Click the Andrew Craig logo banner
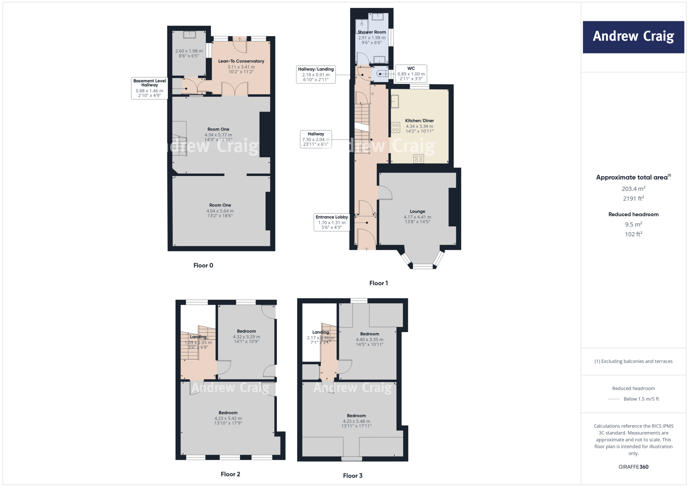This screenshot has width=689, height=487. pos(633,37)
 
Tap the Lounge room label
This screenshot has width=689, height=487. pos(417,212)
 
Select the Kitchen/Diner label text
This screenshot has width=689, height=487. pos(419,121)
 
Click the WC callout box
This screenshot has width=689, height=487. pos(411,74)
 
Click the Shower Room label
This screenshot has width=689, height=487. pos(371,32)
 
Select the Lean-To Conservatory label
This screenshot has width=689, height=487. pos(241,61)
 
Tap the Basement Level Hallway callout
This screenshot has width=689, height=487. pos(149,88)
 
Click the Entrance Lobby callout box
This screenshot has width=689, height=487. pos(331,222)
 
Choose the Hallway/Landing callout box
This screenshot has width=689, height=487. pos(316,74)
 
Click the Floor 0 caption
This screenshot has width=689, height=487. pos(203,265)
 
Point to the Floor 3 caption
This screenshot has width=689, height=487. pos(353,476)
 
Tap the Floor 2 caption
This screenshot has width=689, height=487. pos(230,474)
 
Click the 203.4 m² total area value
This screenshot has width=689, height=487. pos(633,189)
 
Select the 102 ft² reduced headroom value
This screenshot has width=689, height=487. pos(633,234)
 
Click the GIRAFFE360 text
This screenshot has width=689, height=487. pos(633,467)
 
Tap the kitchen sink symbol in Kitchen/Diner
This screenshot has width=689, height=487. pos(395,102)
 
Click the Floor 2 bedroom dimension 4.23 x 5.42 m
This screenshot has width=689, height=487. pos(228,418)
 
